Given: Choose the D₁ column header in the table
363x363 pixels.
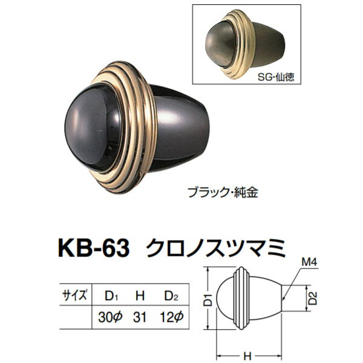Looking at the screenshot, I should pos(111,296).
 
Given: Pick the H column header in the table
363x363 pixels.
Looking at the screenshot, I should pos(140,296).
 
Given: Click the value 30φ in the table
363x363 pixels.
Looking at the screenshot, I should pos(112,317).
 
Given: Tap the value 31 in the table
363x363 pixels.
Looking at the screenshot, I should pos(140,317).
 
